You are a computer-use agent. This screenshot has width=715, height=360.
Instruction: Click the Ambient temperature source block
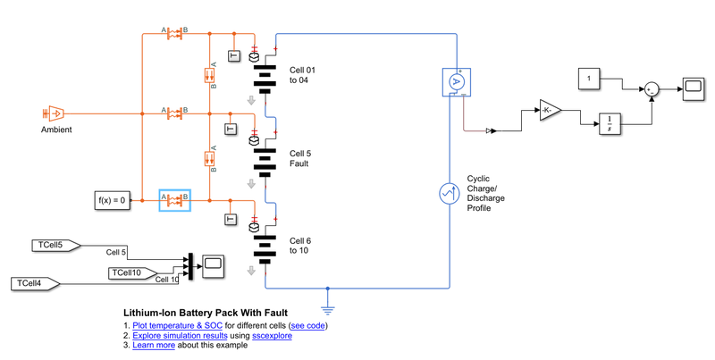tap(53, 113)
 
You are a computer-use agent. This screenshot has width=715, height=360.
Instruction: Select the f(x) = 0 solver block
tap(112, 200)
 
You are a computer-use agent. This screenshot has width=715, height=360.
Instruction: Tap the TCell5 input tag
tap(55, 245)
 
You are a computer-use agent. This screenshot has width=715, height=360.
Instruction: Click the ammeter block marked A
tap(456, 81)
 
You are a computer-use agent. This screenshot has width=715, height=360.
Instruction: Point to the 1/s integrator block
tap(610, 125)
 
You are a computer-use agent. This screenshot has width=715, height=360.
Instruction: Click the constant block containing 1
tap(589, 79)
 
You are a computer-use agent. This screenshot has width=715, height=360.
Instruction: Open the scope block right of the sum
tap(693, 87)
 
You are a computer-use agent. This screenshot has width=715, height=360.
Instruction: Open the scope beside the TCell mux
tap(213, 264)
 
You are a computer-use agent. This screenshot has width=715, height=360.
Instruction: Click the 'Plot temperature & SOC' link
tap(177, 325)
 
